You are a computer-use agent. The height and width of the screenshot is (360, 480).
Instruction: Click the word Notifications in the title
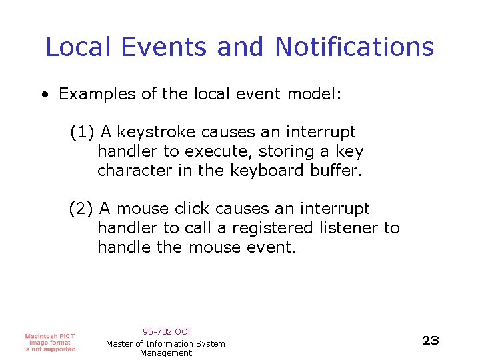[354, 47]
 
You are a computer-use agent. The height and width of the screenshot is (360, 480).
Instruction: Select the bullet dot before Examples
[43, 94]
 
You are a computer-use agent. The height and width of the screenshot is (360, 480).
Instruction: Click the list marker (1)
[83, 133]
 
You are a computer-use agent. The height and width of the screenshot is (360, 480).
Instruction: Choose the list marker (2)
[83, 209]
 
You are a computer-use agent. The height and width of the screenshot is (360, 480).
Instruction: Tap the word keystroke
[156, 133]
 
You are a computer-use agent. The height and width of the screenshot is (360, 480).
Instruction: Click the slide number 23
[431, 341]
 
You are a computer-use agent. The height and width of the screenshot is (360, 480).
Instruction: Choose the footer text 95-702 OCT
[167, 331]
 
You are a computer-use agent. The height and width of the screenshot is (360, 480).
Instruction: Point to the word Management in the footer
[166, 353]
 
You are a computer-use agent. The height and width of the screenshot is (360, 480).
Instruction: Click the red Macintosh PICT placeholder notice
[50, 342]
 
